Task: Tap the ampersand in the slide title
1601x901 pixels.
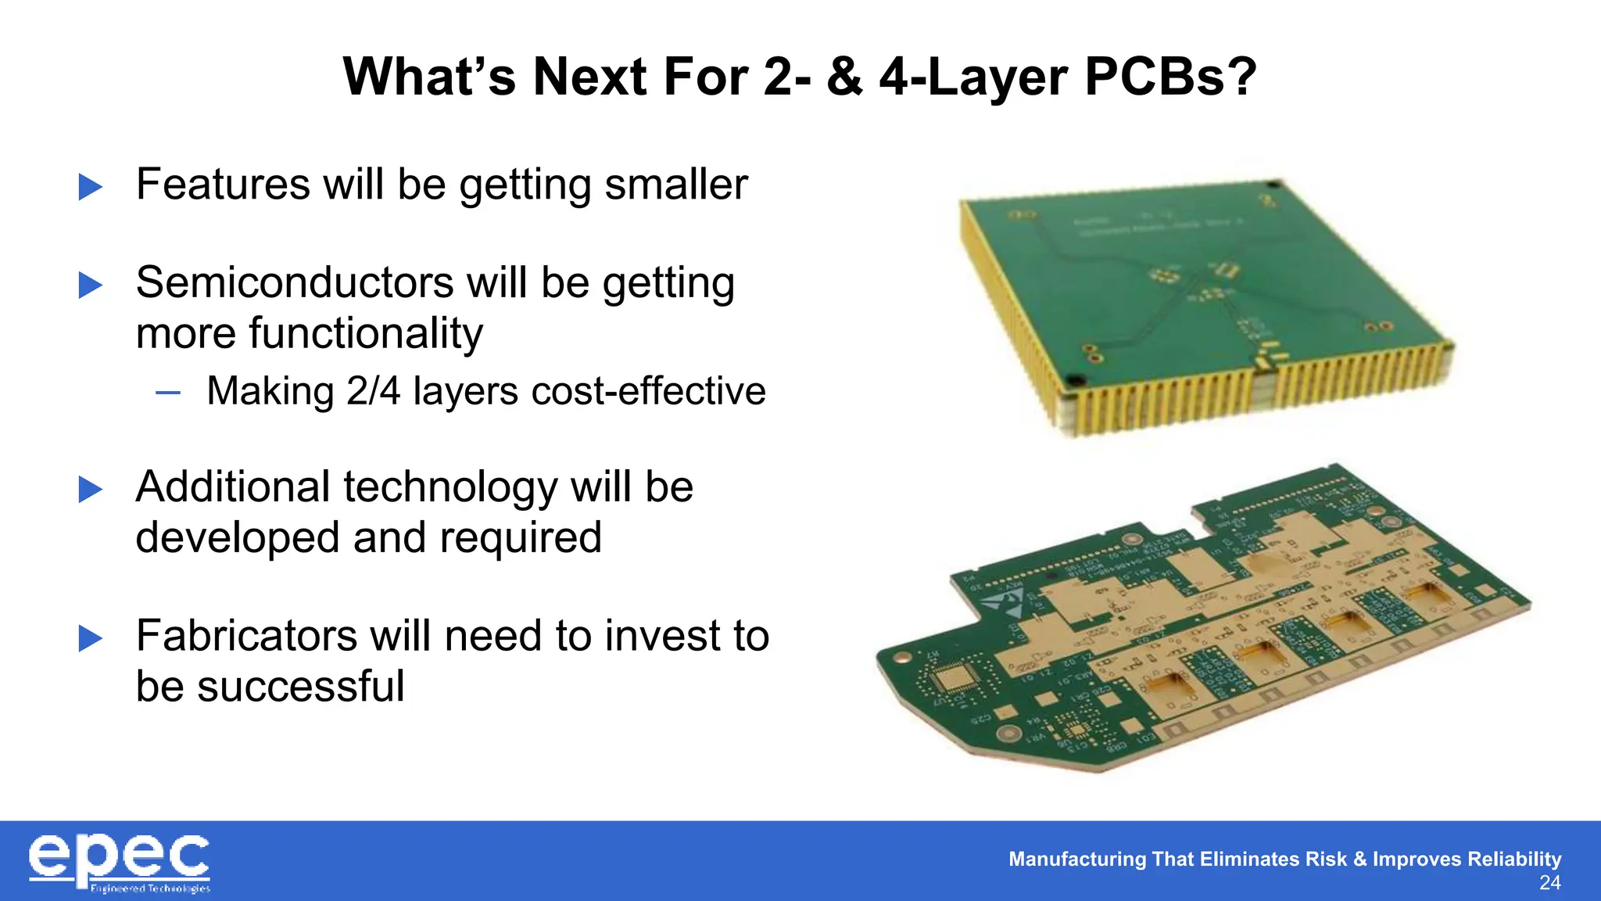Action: [844, 77]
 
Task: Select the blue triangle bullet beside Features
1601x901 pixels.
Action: [91, 187]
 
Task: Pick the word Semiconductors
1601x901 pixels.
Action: [294, 282]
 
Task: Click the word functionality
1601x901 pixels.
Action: [309, 333]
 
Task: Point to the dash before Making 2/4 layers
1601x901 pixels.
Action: [168, 392]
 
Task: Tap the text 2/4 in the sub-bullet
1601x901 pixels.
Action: [373, 391]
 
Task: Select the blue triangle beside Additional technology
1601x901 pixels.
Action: [91, 490]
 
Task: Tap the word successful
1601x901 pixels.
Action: [300, 687]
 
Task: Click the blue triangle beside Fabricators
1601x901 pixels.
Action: [91, 638]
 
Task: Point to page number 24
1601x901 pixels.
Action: [1549, 883]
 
